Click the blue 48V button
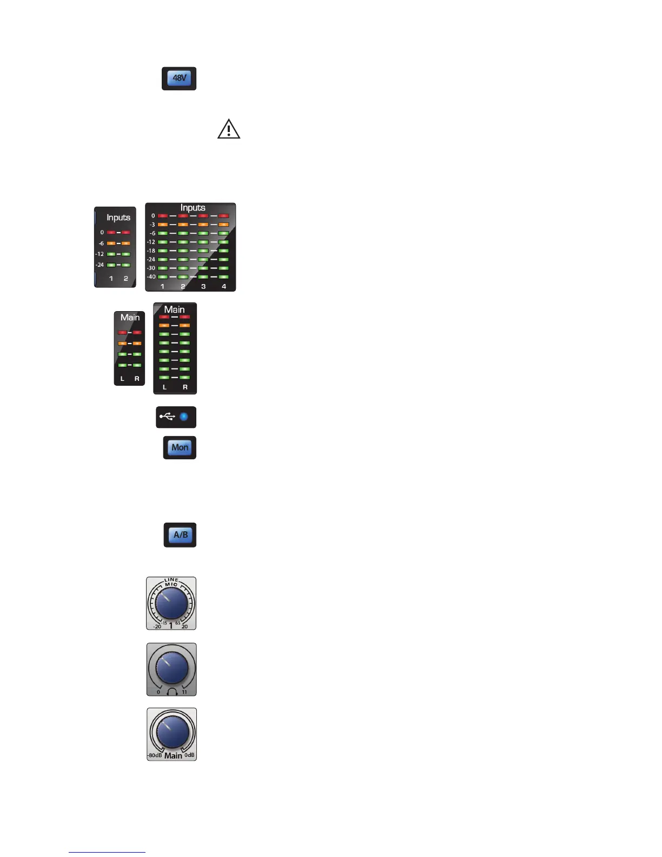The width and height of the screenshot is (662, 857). pyautogui.click(x=179, y=78)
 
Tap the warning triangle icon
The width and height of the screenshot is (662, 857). pyautogui.click(x=229, y=129)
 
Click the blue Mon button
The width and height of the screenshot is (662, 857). pyautogui.click(x=180, y=447)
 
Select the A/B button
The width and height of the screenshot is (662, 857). pyautogui.click(x=181, y=535)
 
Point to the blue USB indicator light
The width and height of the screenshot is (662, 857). pyautogui.click(x=184, y=417)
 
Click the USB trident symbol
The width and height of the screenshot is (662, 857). pyautogui.click(x=167, y=417)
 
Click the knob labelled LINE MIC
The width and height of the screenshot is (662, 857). pyautogui.click(x=171, y=603)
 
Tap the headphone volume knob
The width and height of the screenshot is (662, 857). pyautogui.click(x=171, y=668)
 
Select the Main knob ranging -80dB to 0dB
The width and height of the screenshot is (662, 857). pyautogui.click(x=172, y=731)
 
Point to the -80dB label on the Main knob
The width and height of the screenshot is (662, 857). pyautogui.click(x=155, y=755)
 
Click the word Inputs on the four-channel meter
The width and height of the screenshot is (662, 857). pyautogui.click(x=193, y=208)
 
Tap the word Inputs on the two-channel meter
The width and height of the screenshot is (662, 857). pyautogui.click(x=118, y=217)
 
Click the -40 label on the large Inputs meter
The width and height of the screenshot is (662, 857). pyautogui.click(x=151, y=276)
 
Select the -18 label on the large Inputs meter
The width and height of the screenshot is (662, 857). pyautogui.click(x=151, y=250)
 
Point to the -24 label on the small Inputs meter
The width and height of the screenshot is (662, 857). pyautogui.click(x=100, y=265)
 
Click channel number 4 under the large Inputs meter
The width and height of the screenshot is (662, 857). pyautogui.click(x=224, y=286)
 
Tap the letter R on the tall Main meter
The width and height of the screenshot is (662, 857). pyautogui.click(x=185, y=387)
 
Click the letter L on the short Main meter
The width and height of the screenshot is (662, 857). pyautogui.click(x=122, y=379)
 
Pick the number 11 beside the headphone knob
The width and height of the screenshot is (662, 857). pyautogui.click(x=184, y=692)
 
